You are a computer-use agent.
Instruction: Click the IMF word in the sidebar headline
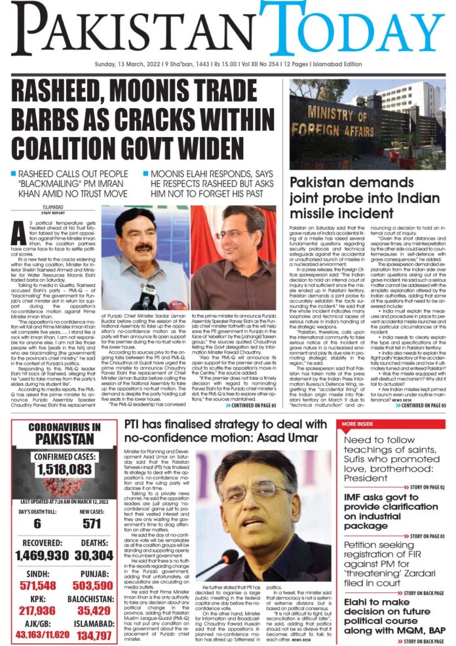358,501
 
